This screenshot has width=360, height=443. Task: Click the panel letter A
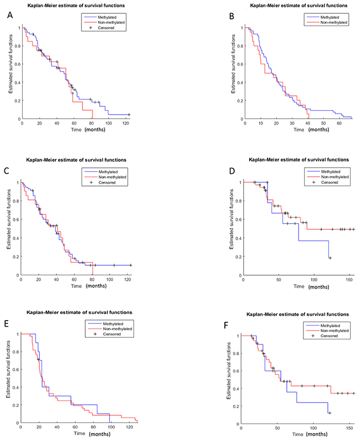coord(9,17)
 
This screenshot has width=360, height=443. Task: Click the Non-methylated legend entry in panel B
coord(331,23)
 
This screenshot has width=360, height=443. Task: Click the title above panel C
coord(76,161)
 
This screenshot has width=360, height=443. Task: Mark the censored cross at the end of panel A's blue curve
coord(129,114)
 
